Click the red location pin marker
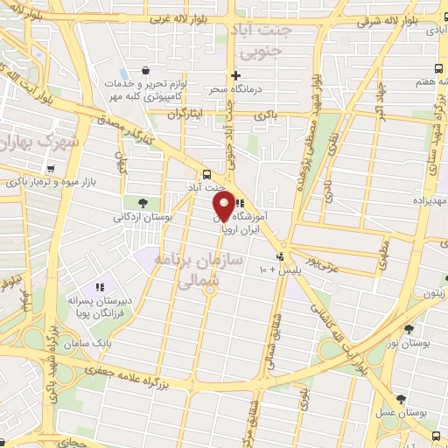pyautogui.click(x=223, y=206)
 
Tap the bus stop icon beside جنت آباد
pyautogui.click(x=206, y=173)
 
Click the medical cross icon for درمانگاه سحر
pyautogui.click(x=235, y=75)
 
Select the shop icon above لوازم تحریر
pyautogui.click(x=146, y=72)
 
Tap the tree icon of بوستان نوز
pyautogui.click(x=409, y=330)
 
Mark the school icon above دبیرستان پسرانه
pyautogui.click(x=99, y=286)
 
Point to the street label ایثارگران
pyautogui.click(x=185, y=114)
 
